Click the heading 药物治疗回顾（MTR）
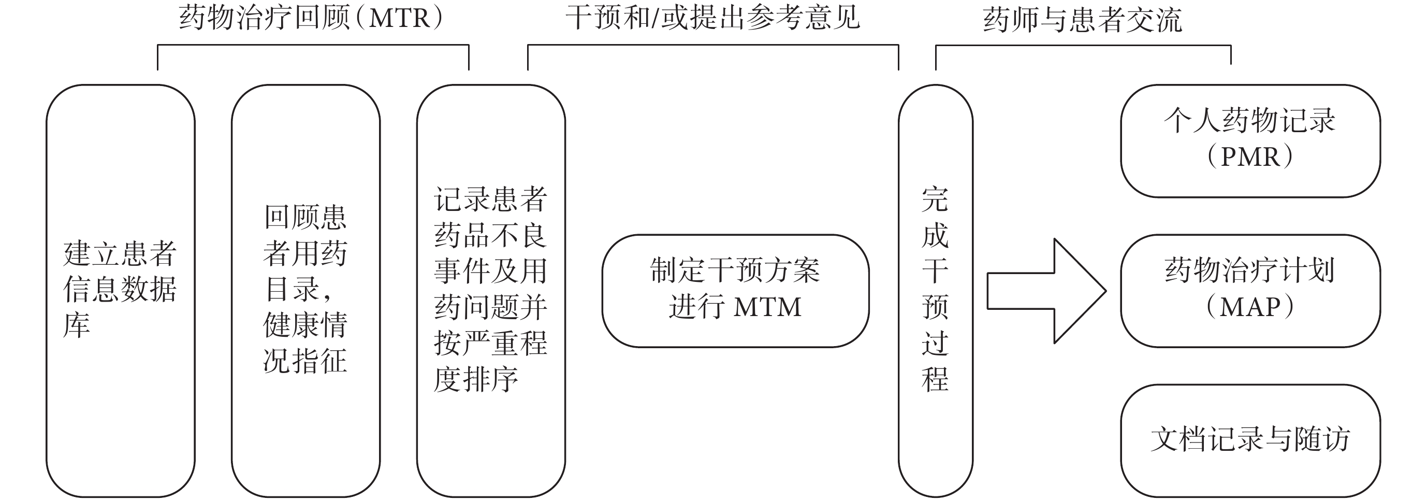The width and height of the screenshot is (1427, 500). tap(311, 18)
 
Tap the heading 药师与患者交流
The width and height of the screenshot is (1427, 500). tap(1083, 20)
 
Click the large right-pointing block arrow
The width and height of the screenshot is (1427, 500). tap(1046, 291)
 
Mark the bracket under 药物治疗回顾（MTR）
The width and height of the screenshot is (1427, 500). tap(313, 46)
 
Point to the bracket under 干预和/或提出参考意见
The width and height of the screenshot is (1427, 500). tap(713, 46)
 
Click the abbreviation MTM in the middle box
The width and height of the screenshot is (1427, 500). tap(768, 307)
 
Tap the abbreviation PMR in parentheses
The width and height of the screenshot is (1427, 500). tap(1250, 158)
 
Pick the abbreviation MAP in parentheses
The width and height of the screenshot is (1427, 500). tap(1250, 307)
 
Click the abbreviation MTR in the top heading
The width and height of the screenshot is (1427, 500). tap(399, 18)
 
